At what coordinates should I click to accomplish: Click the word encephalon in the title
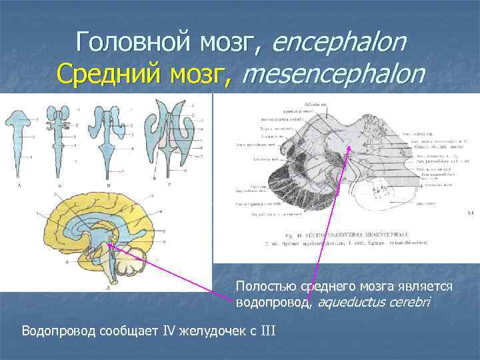[x=339, y=43]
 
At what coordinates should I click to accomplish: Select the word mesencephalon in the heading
[x=333, y=74]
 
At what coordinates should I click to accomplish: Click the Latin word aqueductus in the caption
[x=349, y=303]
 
